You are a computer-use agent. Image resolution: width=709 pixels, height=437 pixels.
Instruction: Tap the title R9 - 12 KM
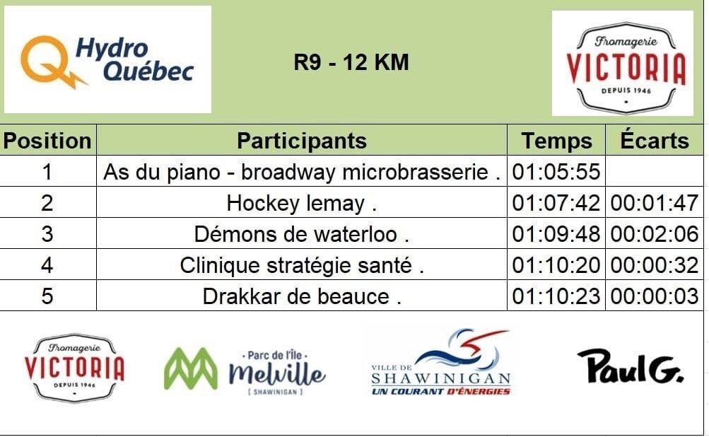coord(351,62)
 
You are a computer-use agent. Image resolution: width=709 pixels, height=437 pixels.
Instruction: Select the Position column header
coord(47,141)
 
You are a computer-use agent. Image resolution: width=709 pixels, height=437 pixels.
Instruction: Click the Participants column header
coord(302,141)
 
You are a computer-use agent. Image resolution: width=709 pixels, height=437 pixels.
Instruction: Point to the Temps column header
coord(556,141)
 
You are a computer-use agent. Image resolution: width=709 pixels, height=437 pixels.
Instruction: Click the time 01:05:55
coord(556,172)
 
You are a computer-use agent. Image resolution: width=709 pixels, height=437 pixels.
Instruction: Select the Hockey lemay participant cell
coord(302,203)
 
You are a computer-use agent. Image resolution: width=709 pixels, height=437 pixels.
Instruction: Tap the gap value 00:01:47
coord(655,203)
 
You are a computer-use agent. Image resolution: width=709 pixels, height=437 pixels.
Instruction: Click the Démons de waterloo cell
coord(302,234)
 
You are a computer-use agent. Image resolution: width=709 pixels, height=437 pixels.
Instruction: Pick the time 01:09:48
coord(556,234)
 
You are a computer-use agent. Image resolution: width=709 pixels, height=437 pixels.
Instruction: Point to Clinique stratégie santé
coord(302,266)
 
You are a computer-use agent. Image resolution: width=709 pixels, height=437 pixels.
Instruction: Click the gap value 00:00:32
coord(655,266)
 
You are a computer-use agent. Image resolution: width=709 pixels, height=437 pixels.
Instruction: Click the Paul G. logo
coord(631,366)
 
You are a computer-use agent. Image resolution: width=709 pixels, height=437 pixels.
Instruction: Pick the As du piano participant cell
coord(302,172)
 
